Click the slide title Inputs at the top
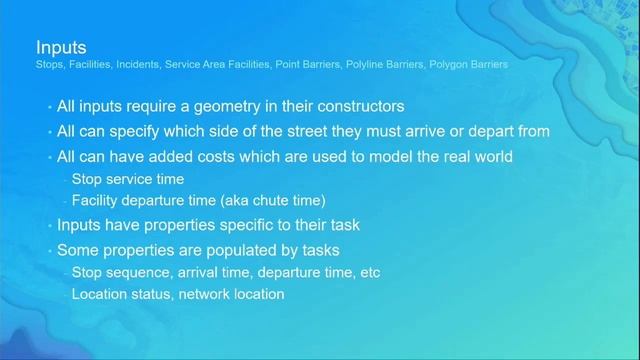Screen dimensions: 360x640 [61, 47]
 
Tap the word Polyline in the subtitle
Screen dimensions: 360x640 [364, 65]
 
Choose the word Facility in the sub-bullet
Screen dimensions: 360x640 [96, 201]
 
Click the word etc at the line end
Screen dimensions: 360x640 [369, 272]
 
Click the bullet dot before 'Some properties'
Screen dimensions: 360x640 [49, 249]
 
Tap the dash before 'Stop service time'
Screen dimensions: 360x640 [65, 180]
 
